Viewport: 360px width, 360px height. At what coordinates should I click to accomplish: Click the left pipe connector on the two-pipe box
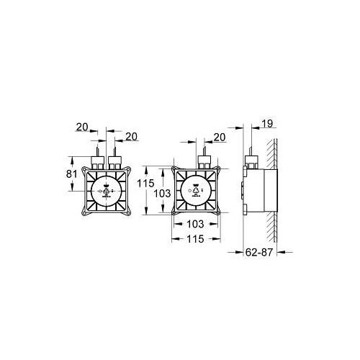click(x=99, y=160)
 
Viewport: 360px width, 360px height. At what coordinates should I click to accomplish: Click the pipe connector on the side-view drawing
click(x=251, y=161)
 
